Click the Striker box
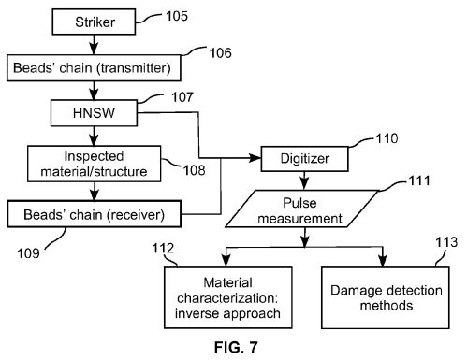pos(94,22)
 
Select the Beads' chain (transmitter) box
pos(94,68)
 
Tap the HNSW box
pos(94,113)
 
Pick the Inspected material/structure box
pos(94,164)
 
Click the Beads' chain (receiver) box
pos(94,214)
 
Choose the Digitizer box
pos(304,159)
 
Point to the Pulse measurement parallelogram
pos(301,209)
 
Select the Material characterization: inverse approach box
pos(228,297)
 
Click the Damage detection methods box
pos(386,297)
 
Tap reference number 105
pos(177,16)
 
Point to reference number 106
pos(220,52)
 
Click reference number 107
pos(182,97)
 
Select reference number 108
pos(194,170)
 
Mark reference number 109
pos(28,253)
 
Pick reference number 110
pos(387,138)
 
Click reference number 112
pos(163,249)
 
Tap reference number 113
pos(446,242)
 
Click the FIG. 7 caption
pos(236,347)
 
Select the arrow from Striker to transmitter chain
pos(94,45)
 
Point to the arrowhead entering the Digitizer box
pos(255,158)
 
